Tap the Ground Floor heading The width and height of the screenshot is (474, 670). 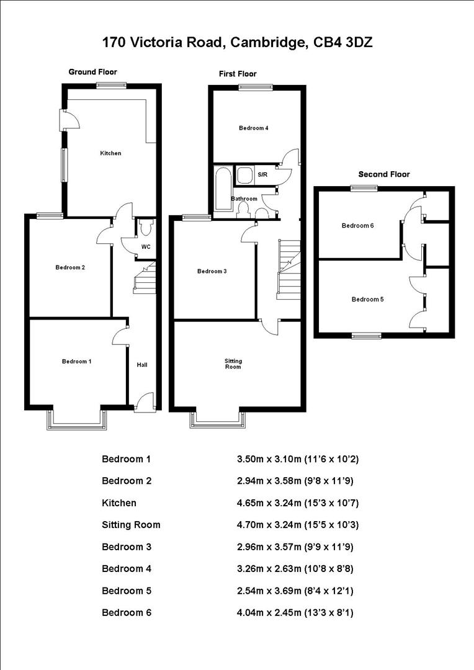(92, 72)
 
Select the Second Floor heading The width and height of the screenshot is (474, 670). (384, 174)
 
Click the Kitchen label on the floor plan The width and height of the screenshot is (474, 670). (112, 153)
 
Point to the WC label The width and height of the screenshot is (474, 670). (145, 246)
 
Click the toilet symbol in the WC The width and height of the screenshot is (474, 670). (145, 228)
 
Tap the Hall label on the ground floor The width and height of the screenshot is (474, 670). (142, 365)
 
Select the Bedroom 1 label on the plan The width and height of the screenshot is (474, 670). (77, 361)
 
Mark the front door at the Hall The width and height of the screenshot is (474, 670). (144, 402)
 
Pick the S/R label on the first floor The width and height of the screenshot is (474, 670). (262, 175)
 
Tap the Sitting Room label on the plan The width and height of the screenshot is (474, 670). (233, 364)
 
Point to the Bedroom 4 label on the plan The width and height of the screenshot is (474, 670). (254, 128)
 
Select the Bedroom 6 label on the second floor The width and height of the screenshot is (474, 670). (357, 226)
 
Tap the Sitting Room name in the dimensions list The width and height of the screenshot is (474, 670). (131, 525)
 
